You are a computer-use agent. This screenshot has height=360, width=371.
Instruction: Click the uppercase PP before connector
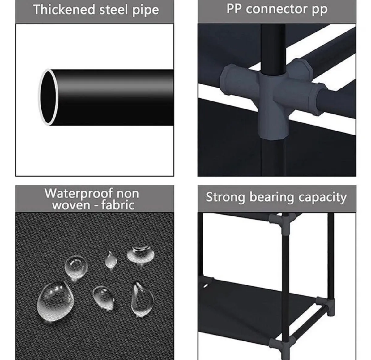[x=234, y=9]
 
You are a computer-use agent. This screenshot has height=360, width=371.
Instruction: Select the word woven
[x=70, y=205]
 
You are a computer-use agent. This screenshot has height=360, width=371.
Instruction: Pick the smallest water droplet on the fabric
[x=110, y=261]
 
